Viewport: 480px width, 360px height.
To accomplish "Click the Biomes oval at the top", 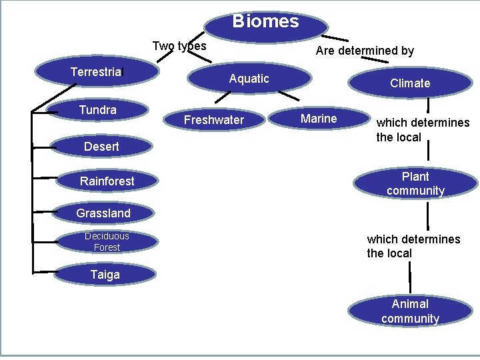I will pyautogui.click(x=265, y=22).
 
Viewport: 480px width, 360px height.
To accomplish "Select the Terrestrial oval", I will pyautogui.click(x=97, y=72).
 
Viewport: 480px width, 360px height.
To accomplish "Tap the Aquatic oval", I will pyautogui.click(x=249, y=79).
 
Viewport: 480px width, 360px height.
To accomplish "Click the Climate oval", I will pyautogui.click(x=410, y=83).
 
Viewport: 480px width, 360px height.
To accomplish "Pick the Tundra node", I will pyautogui.click(x=97, y=110).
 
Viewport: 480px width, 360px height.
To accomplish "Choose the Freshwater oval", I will pyautogui.click(x=214, y=120).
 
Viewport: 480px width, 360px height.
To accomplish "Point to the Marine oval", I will pyautogui.click(x=319, y=119).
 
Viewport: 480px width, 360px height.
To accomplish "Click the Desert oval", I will pyautogui.click(x=101, y=147).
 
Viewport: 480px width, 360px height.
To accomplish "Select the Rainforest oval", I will pyautogui.click(x=107, y=181).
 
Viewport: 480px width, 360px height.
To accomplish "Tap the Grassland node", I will pyautogui.click(x=103, y=213).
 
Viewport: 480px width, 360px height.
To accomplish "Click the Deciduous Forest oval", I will pyautogui.click(x=107, y=241).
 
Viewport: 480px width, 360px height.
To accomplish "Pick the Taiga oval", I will pyautogui.click(x=105, y=275).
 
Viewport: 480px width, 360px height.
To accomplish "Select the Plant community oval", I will pyautogui.click(x=415, y=183).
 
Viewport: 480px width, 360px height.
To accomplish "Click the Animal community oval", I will pyautogui.click(x=410, y=311).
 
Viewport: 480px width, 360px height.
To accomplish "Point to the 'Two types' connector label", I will pyautogui.click(x=179, y=46).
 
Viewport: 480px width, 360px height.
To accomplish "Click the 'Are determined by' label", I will pyautogui.click(x=365, y=51).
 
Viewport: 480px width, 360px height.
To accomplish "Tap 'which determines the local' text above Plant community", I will pyautogui.click(x=423, y=130).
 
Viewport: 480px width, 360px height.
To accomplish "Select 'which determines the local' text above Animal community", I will pyautogui.click(x=413, y=246).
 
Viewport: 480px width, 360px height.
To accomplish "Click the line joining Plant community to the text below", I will pyautogui.click(x=427, y=215).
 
